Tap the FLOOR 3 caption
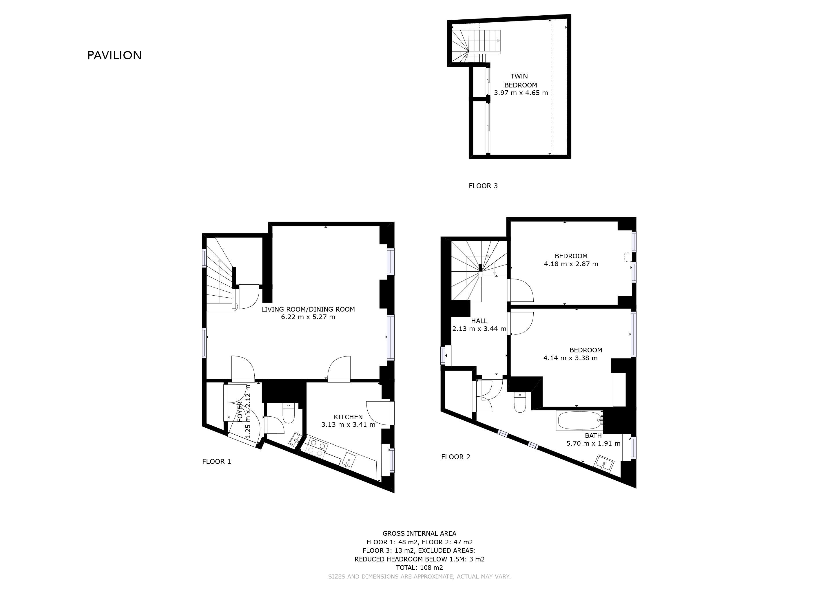tap(483, 186)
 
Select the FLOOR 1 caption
tap(217, 462)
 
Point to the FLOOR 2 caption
tap(456, 457)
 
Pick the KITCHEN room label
tap(348, 417)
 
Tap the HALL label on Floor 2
tap(479, 321)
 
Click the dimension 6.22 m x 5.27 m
tap(308, 317)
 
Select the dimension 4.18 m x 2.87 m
tap(571, 264)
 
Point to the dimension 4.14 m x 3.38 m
tap(571, 358)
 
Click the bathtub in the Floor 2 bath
tap(580, 421)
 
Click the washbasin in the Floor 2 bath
tap(604, 464)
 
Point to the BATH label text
tap(593, 435)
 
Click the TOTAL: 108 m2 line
tap(419, 568)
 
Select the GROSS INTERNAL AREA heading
tap(419, 533)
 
